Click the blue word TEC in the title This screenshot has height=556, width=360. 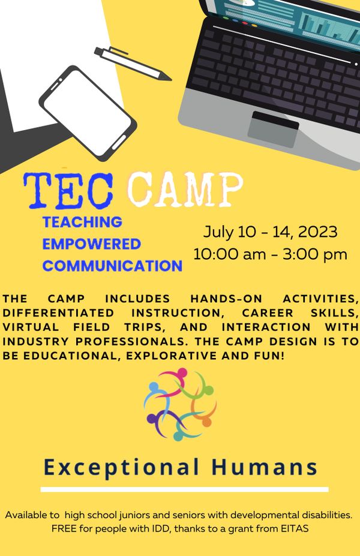pyautogui.click(x=68, y=190)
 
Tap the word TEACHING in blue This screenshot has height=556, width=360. pyautogui.click(x=82, y=222)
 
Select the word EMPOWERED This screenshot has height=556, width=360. pyautogui.click(x=92, y=244)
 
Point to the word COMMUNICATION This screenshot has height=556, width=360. pyautogui.click(x=112, y=266)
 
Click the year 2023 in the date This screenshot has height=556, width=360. pyautogui.click(x=317, y=232)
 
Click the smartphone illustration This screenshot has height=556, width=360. pyautogui.click(x=88, y=113)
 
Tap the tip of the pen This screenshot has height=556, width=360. pyautogui.click(x=172, y=79)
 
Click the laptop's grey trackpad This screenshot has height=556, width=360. pyautogui.click(x=273, y=129)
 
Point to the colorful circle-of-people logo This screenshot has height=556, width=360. pyautogui.click(x=180, y=404)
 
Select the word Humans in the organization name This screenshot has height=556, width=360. pyautogui.click(x=264, y=467)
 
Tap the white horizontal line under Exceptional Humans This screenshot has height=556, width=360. pyautogui.click(x=184, y=489)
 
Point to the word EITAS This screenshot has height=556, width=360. pyautogui.click(x=295, y=529)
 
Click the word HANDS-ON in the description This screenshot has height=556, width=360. pyautogui.click(x=226, y=299)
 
